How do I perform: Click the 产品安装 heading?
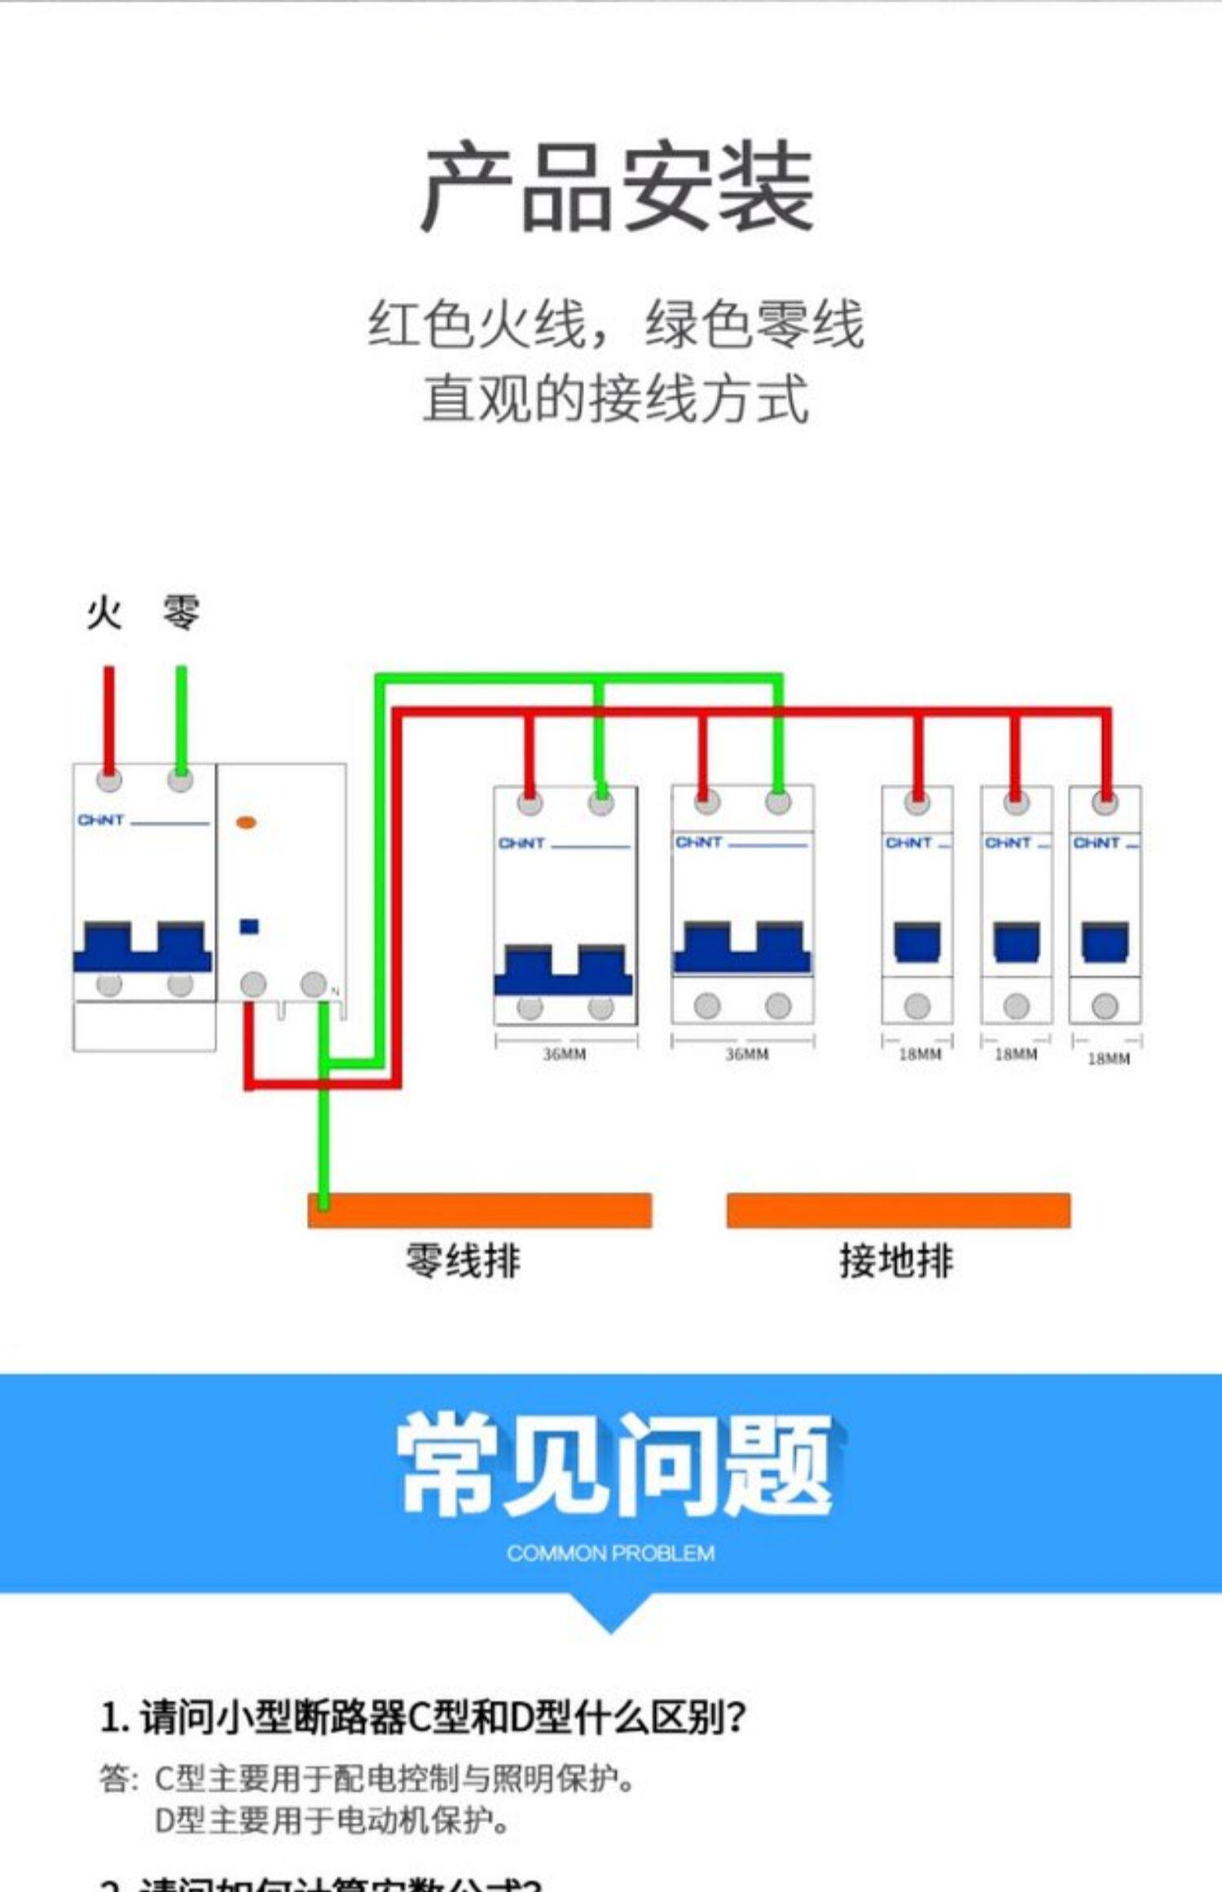(x=617, y=187)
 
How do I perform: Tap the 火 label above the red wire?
(x=104, y=613)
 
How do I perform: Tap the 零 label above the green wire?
(x=180, y=613)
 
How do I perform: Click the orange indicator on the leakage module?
(x=246, y=822)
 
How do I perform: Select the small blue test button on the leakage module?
(x=249, y=926)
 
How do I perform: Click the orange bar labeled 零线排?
(x=479, y=1210)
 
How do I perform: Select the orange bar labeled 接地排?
(x=898, y=1210)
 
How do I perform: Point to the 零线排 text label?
(x=463, y=1261)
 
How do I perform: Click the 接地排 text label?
(x=896, y=1261)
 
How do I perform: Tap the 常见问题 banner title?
(x=615, y=1465)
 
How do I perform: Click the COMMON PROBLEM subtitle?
(x=610, y=1553)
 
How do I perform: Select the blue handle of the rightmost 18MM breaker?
(x=1105, y=942)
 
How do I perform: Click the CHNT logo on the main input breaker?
(x=101, y=820)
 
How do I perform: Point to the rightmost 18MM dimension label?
(x=1109, y=1058)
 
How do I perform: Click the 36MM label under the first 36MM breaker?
(x=565, y=1054)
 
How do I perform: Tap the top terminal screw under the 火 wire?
(x=109, y=780)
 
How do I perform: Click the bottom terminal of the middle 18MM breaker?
(x=1016, y=1006)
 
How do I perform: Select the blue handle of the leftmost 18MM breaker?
(x=917, y=942)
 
